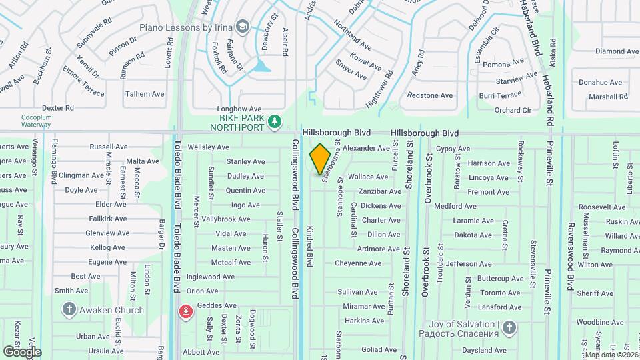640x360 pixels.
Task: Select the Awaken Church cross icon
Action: (69, 309)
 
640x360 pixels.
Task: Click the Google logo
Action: (22, 351)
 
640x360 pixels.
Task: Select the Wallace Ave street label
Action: (367, 177)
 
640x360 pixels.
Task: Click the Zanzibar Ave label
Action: (379, 191)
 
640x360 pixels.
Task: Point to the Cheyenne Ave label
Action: (357, 263)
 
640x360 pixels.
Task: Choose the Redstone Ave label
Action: (429, 96)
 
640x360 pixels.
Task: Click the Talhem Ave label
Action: (145, 94)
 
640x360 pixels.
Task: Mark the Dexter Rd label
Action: (57, 107)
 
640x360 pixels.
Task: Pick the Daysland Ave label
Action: (485, 350)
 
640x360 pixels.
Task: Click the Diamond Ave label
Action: (599, 51)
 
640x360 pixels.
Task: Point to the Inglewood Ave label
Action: (211, 277)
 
